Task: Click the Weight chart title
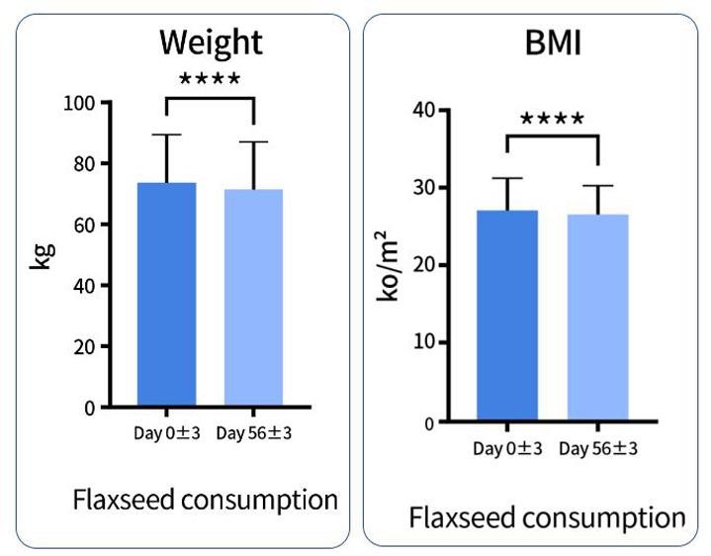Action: pos(211,43)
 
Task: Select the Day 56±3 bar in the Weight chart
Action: pos(254,298)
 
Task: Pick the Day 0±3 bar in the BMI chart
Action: pos(507,317)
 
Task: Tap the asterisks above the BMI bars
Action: pos(553,121)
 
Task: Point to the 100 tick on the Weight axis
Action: pos(82,102)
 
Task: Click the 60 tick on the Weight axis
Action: pos(87,225)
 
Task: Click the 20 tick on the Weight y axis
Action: pos(87,347)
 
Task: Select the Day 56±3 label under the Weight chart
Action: pos(254,433)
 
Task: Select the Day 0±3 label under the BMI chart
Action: pos(507,449)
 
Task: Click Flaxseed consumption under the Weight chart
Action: pos(205,500)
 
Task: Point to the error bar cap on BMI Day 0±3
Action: pos(507,178)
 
